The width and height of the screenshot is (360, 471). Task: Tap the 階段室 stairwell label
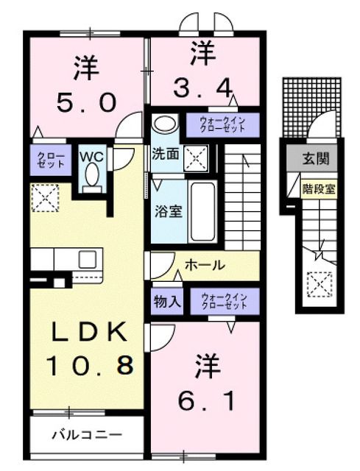click(318, 188)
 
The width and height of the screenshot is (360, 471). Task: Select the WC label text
click(92, 156)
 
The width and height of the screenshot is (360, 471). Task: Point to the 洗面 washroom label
click(166, 155)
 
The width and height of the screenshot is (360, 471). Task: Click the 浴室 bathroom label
click(167, 209)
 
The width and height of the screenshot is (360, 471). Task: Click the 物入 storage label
click(167, 300)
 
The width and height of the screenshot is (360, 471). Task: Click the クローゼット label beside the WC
click(50, 160)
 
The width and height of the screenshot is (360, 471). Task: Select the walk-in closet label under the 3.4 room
click(221, 124)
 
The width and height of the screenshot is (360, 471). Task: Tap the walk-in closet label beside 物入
click(225, 300)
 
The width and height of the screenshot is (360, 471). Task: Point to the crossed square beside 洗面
click(197, 155)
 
